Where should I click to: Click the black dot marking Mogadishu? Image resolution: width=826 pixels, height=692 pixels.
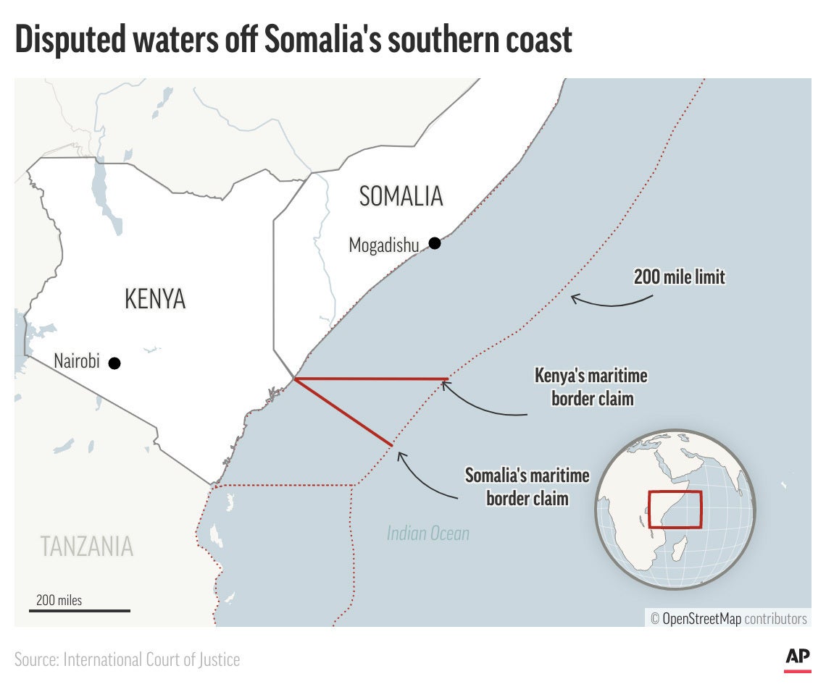click(435, 243)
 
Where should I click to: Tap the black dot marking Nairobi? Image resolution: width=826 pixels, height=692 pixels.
click(114, 363)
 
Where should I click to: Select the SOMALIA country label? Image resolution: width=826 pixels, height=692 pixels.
click(401, 196)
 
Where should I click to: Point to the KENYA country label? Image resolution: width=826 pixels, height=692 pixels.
click(155, 298)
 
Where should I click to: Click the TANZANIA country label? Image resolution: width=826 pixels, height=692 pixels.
click(87, 546)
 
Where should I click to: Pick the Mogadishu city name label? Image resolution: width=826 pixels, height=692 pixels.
click(384, 245)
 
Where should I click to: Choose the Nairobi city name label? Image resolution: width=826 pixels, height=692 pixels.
click(77, 361)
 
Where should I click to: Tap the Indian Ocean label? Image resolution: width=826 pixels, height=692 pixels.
click(427, 534)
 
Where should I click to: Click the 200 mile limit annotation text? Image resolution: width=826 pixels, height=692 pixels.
click(679, 277)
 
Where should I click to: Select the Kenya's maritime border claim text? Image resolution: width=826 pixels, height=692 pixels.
click(591, 387)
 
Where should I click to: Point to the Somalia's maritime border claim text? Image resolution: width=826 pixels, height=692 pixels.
click(527, 486)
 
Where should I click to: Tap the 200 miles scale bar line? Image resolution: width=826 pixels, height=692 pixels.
click(80, 611)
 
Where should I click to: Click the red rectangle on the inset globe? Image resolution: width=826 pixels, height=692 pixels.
click(675, 510)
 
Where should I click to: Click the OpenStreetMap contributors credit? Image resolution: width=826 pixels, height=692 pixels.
click(728, 619)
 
